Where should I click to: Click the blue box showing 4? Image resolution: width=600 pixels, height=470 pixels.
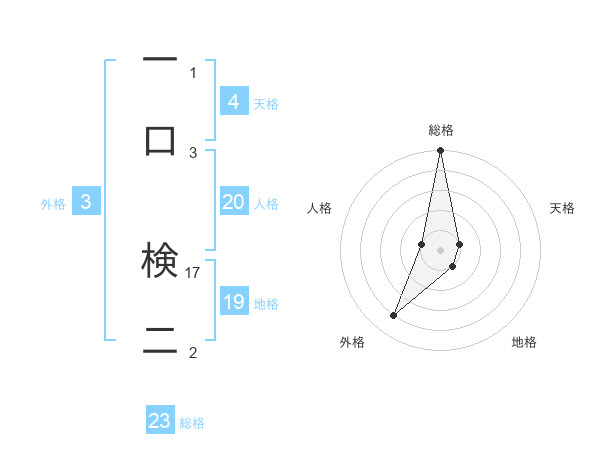[233, 101]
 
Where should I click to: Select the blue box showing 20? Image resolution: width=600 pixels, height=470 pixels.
[233, 202]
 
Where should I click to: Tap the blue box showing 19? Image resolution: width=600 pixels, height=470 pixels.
[233, 302]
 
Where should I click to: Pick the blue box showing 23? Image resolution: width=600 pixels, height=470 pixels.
[160, 421]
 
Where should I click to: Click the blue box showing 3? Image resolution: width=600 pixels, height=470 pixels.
[86, 202]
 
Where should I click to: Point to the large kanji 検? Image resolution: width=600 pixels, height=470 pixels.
[160, 260]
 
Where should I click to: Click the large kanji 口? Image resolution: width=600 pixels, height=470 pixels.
[160, 139]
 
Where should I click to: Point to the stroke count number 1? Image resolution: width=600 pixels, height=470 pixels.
[193, 72]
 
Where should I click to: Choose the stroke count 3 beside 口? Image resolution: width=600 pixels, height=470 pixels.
[193, 152]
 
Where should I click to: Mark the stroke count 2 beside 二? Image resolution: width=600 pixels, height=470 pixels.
[193, 352]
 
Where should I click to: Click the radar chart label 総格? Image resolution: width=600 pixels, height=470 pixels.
[441, 130]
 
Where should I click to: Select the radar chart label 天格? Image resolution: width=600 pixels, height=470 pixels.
[563, 208]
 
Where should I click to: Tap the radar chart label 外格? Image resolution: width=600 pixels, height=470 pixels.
[352, 342]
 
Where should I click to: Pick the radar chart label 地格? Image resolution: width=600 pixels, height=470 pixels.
[524, 342]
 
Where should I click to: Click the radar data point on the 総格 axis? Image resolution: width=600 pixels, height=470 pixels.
[440, 151]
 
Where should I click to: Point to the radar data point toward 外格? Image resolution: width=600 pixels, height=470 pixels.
[394, 316]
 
